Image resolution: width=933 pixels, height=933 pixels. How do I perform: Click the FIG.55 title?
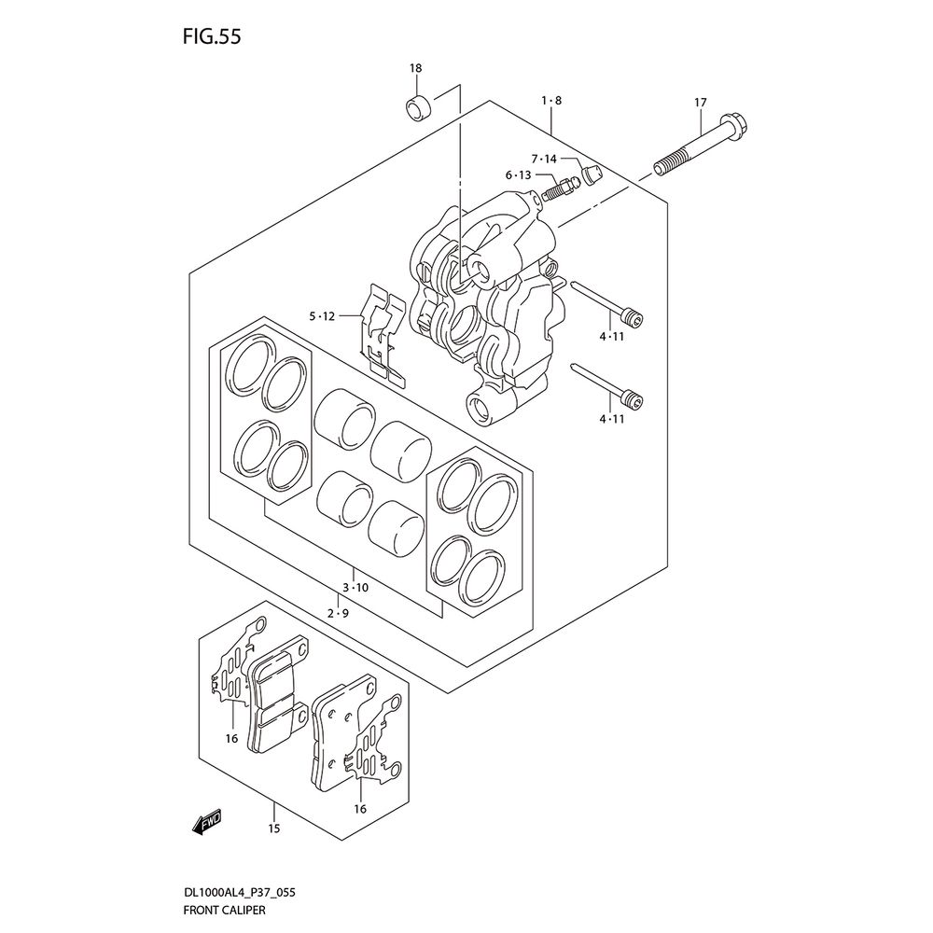tap(211, 37)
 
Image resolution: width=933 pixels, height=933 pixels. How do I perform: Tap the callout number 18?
tap(415, 68)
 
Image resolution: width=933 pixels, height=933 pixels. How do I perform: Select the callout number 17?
tap(701, 103)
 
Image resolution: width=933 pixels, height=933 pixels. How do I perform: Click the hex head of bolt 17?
tap(736, 124)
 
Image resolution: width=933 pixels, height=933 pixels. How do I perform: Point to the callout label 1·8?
tap(551, 101)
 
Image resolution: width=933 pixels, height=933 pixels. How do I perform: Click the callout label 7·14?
tap(544, 159)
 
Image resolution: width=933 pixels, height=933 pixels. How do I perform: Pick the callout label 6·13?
tap(518, 175)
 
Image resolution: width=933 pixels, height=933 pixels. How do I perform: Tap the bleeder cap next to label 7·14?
tap(592, 175)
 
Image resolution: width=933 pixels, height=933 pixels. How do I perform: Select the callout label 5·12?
tap(322, 316)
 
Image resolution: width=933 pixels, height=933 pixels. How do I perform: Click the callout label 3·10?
tap(355, 588)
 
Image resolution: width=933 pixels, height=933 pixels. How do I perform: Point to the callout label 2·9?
tap(338, 613)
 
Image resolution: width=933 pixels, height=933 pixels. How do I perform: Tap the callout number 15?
tap(273, 829)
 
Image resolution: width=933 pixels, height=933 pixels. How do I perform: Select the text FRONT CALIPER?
tap(224, 910)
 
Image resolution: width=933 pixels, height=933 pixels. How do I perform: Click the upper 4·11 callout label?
tap(612, 336)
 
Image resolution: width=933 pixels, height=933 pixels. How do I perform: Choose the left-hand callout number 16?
tap(231, 738)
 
